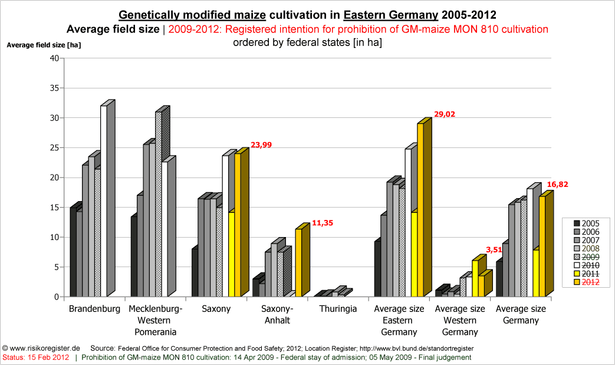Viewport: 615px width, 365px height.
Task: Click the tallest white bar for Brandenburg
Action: [x=104, y=200]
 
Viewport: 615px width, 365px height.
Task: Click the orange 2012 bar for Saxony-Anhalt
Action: [x=298, y=262]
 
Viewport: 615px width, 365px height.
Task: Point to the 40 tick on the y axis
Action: [x=54, y=58]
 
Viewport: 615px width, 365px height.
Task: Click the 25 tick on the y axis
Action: [x=54, y=147]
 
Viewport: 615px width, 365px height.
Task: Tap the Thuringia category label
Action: [x=337, y=309]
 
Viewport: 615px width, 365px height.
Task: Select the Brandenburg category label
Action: [x=94, y=309]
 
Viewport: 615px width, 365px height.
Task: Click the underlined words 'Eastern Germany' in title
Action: [x=391, y=15]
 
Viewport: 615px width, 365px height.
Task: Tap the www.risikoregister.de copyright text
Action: [x=41, y=348]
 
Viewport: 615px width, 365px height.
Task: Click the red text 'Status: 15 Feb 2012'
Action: [x=36, y=357]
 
